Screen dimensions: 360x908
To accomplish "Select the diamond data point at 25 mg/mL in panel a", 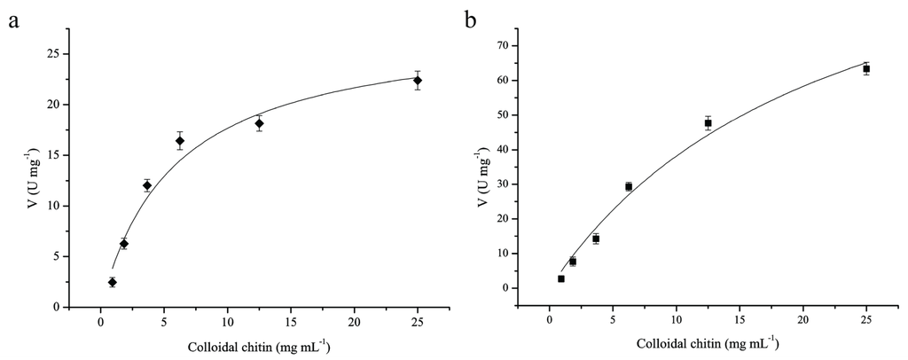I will (x=418, y=81).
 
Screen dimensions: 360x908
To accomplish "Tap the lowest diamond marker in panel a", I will (x=113, y=282).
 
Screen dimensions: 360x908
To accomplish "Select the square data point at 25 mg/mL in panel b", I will (x=866, y=68).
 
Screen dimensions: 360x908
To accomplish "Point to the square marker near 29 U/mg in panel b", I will (x=629, y=186).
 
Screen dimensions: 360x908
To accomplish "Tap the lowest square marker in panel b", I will (x=561, y=278).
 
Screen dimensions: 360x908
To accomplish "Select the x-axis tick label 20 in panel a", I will (x=355, y=321).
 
